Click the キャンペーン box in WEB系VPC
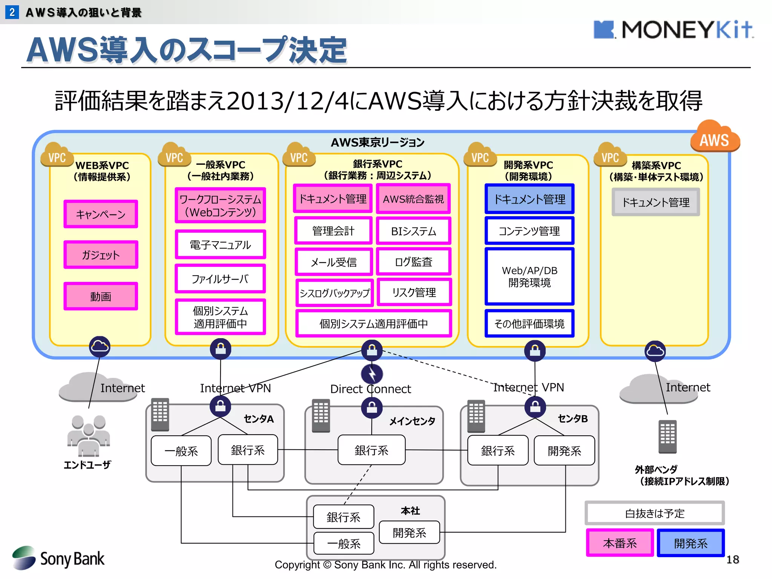101,214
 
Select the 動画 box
101,296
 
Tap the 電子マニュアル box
221,245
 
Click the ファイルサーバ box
221,279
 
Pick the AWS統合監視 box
414,199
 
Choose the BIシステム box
414,231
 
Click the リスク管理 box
414,292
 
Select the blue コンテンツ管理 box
529,231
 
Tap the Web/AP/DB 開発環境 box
529,276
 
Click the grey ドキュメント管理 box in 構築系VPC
656,202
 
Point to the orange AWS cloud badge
715,137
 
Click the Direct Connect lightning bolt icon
372,374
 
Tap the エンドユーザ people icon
88,435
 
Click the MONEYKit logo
673,30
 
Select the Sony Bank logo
58,558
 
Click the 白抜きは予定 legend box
654,513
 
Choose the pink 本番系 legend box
620,543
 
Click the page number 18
732,559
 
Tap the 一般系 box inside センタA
181,451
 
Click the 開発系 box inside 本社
409,532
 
